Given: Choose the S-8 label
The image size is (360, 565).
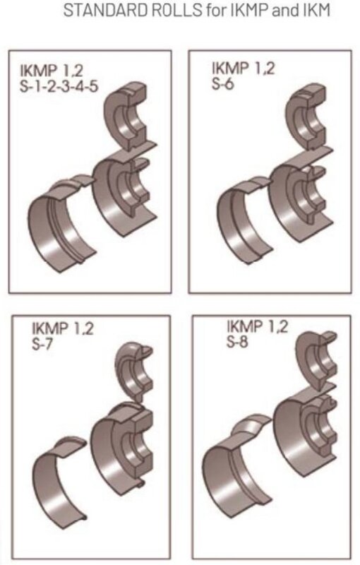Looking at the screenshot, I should click(237, 344).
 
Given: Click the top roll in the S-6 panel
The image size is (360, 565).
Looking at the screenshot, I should click(308, 116).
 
